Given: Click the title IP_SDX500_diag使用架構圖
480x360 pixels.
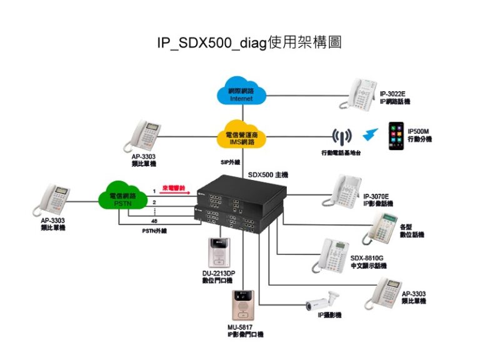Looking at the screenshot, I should coord(249,43).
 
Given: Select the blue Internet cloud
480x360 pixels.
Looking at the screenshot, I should coord(242,94).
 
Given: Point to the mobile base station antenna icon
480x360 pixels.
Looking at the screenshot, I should coord(341,136).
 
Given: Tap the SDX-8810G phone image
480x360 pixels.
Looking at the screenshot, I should coord(333,256).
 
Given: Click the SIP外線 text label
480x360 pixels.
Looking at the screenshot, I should coord(231,162).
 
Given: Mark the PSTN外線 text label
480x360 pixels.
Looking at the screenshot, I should coord(154,231).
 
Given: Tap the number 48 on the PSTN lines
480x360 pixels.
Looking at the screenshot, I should coord(154,221).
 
